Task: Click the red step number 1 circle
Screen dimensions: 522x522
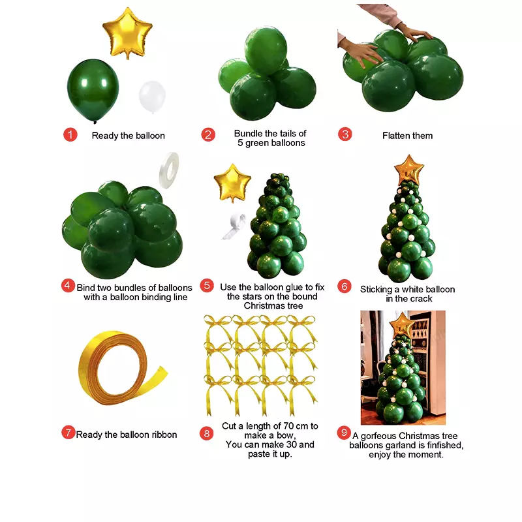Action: point(70,135)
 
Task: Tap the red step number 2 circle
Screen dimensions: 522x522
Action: point(207,135)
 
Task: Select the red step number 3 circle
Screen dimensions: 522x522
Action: point(345,134)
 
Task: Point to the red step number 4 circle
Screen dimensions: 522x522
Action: point(68,285)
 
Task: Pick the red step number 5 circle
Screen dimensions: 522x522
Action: point(207,285)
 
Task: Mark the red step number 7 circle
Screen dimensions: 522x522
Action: point(69,433)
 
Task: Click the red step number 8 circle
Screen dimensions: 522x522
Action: point(207,433)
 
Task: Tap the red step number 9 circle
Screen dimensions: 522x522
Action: point(344,433)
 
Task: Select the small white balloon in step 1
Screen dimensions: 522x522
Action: point(152,96)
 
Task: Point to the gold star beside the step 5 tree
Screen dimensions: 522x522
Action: point(233,183)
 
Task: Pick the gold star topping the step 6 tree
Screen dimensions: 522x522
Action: point(409,169)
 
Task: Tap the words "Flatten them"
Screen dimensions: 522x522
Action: point(407,136)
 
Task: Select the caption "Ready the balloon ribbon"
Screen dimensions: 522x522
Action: point(127,435)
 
